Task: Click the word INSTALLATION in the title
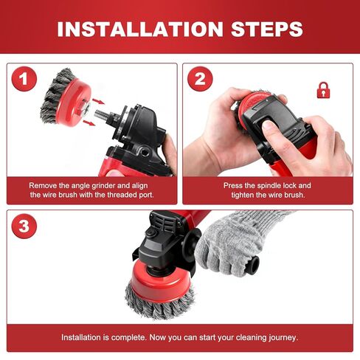click(x=140, y=30)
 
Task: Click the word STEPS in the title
click(x=266, y=30)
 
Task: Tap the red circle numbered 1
click(x=24, y=79)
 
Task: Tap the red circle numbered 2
click(x=200, y=79)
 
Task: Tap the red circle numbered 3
click(x=24, y=226)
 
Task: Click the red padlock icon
click(x=323, y=90)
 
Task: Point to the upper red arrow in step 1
click(x=98, y=101)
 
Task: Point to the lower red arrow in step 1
click(x=89, y=122)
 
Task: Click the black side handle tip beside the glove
click(x=253, y=265)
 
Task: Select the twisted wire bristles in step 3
click(x=160, y=304)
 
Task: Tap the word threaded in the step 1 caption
click(x=121, y=195)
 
